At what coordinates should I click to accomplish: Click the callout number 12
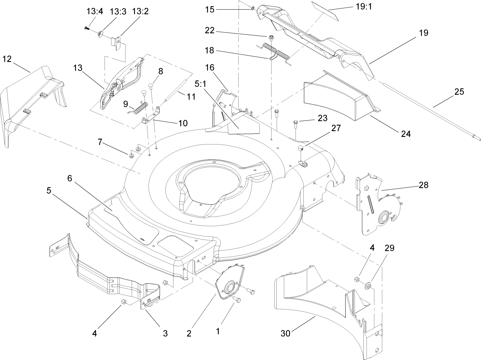click(7, 59)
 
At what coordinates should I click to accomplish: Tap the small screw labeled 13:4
click(86, 30)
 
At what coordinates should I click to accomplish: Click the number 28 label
click(424, 185)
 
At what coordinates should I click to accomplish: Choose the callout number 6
click(70, 178)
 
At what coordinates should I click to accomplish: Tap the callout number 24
click(406, 133)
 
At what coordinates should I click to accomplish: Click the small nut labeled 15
click(253, 8)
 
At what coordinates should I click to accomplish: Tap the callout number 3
click(165, 333)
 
